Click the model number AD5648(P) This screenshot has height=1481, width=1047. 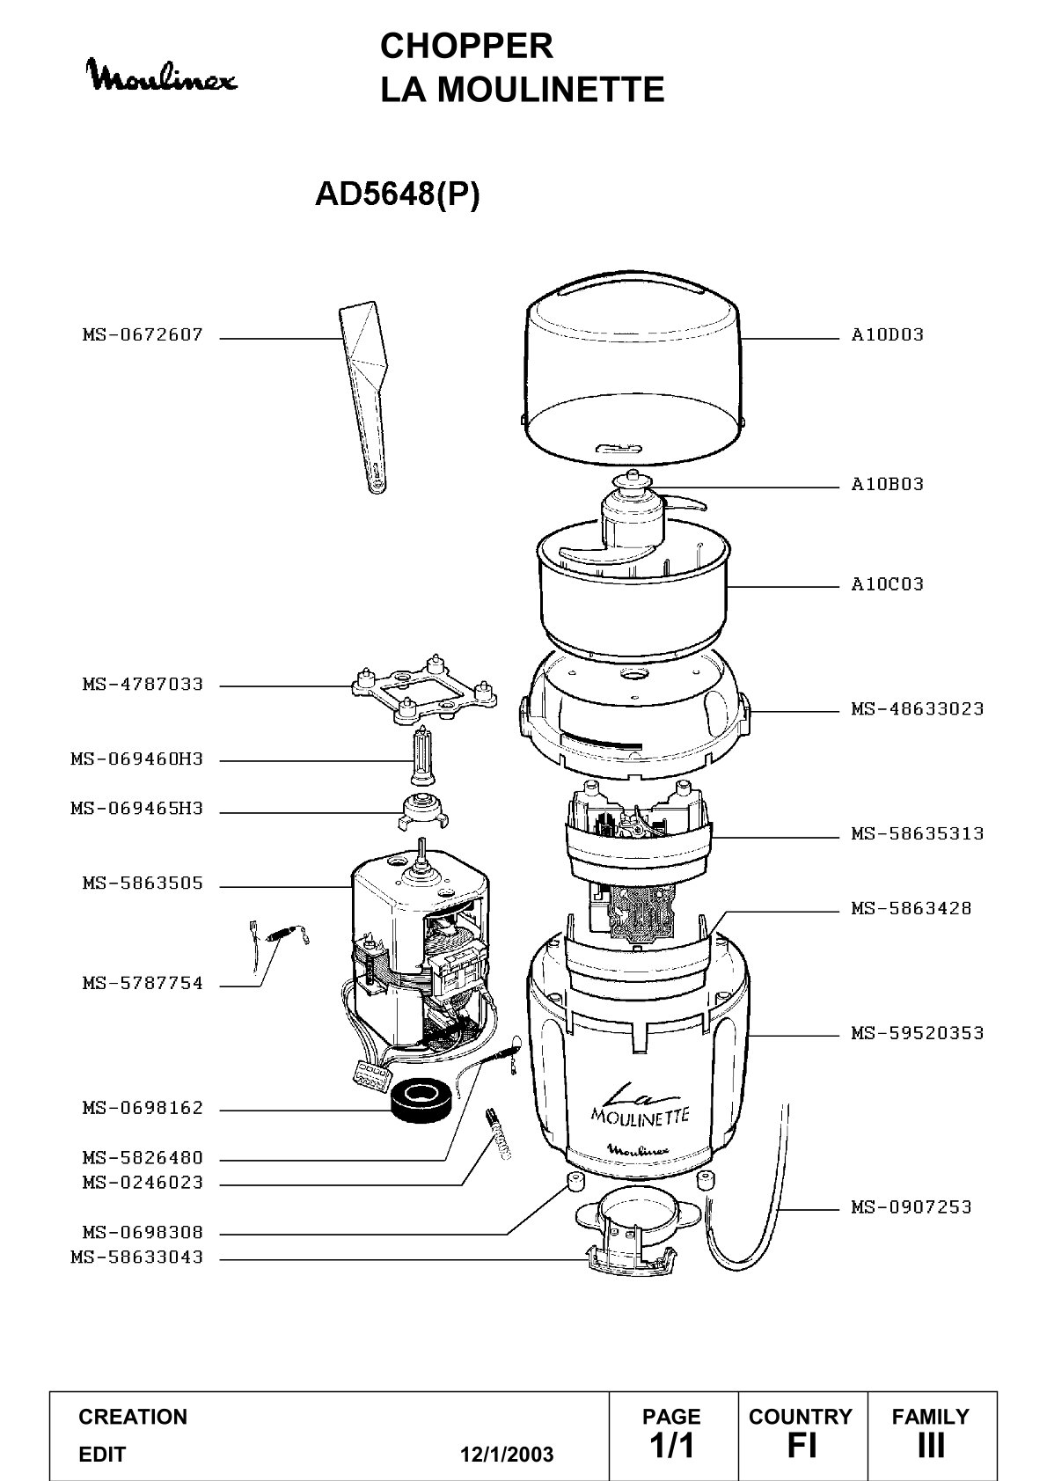[x=398, y=194]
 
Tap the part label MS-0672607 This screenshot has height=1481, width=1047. [x=143, y=335]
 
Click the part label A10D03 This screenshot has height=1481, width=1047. [x=887, y=335]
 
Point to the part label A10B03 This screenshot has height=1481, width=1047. [x=887, y=485]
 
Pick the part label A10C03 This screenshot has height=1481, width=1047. [x=887, y=584]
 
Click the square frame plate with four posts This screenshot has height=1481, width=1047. [x=424, y=690]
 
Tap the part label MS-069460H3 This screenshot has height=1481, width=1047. [x=137, y=759]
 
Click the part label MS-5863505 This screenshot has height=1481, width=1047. [x=143, y=883]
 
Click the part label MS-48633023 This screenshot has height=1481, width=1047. [x=918, y=709]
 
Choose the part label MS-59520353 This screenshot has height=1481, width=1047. [x=918, y=1033]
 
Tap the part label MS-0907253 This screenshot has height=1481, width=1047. [x=912, y=1207]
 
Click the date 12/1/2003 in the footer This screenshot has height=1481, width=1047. [x=507, y=1454]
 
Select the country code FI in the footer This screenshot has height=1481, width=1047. [x=802, y=1445]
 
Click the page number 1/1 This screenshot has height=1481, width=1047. [x=672, y=1445]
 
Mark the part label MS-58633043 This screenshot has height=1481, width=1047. [x=137, y=1257]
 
